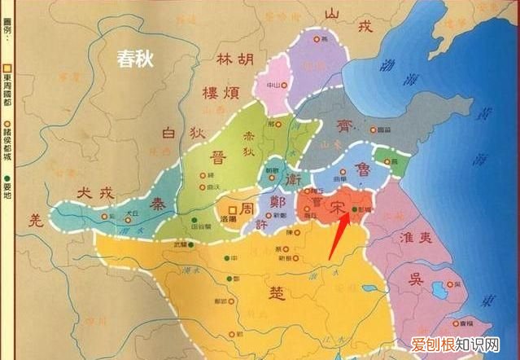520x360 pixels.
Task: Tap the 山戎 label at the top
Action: click(347, 21)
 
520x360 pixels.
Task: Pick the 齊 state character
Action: click(345, 126)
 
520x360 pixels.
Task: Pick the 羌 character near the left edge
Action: click(34, 219)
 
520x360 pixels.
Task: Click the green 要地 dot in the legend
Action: click(7, 178)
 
